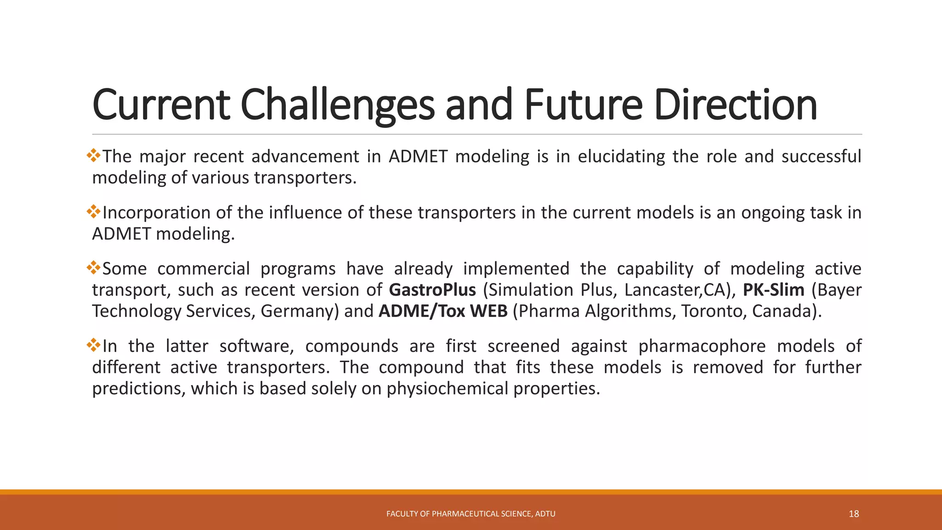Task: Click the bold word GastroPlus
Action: coord(432,290)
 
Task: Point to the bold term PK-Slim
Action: coord(774,290)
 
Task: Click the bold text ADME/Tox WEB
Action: coord(443,311)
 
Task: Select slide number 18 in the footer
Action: coord(854,514)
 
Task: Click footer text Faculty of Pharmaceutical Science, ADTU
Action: coord(471,514)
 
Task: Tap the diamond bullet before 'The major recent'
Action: coord(93,155)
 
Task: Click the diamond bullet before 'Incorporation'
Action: coord(93,211)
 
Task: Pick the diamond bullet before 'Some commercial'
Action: coord(93,267)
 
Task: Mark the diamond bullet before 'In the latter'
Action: coord(93,345)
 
